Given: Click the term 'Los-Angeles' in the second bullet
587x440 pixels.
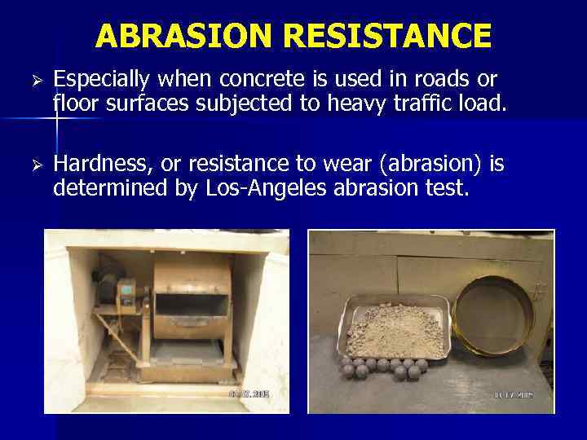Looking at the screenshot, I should [261, 188].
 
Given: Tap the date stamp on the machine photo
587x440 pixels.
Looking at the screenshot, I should [249, 394].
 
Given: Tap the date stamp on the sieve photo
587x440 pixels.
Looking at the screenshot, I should [514, 394].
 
